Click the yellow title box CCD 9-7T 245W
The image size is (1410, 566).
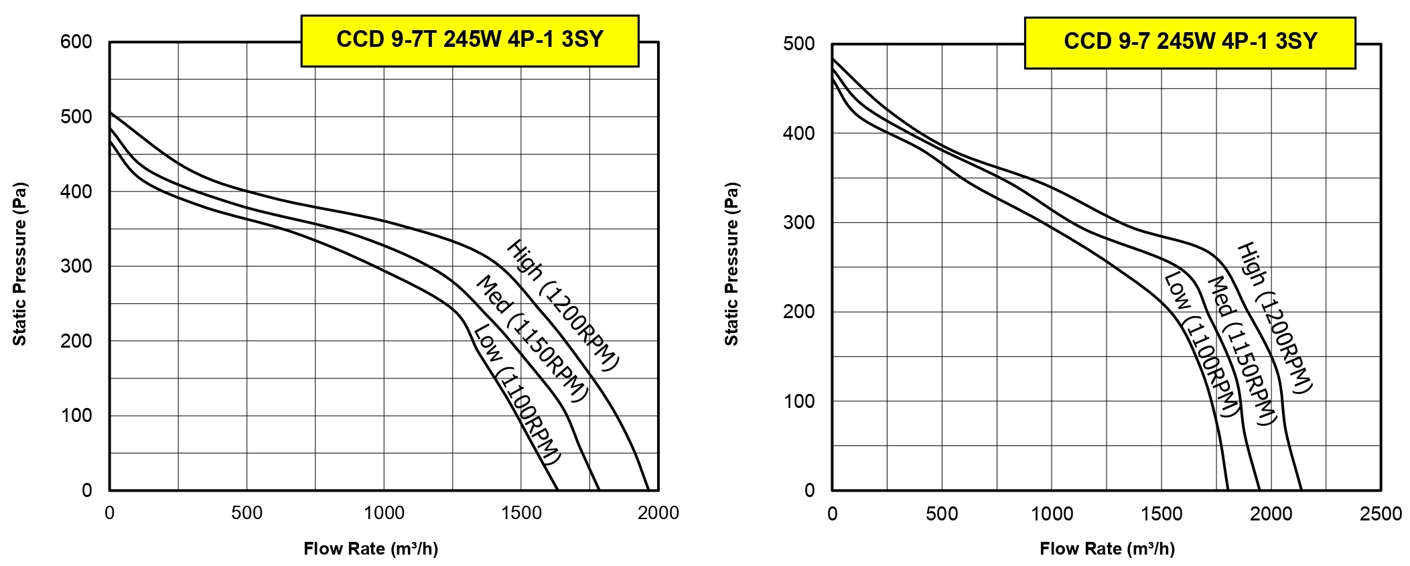click(x=470, y=40)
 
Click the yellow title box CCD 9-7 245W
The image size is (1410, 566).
click(x=1190, y=42)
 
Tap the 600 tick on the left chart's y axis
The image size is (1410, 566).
click(x=76, y=42)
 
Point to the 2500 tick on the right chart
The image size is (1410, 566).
click(x=1381, y=514)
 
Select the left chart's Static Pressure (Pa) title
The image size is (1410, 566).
click(x=20, y=264)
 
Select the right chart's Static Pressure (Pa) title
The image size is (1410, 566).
click(x=731, y=264)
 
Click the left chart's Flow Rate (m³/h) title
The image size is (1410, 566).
click(x=370, y=549)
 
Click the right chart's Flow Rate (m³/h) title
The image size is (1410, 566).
click(x=1107, y=549)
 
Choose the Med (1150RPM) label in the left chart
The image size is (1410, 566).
click(x=531, y=339)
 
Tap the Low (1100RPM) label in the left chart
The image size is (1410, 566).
click(x=516, y=395)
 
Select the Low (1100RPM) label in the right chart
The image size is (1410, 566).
click(x=1200, y=345)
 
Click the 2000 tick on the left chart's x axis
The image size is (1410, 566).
click(x=658, y=513)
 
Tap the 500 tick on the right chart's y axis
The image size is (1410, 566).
click(x=798, y=44)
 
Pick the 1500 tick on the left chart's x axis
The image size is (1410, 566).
click(x=521, y=513)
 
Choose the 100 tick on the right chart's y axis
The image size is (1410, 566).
click(x=798, y=401)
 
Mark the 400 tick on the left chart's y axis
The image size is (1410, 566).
click(x=76, y=192)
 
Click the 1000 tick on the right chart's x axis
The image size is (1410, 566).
click(x=1052, y=514)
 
